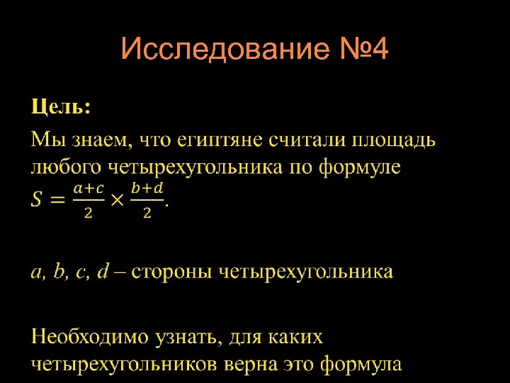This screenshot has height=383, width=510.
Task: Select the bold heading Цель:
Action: pos(60,108)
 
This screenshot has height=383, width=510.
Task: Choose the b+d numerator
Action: pos(147,189)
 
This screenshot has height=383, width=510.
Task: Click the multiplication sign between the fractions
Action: pos(118,199)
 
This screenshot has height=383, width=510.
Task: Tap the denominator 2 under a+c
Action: pos(89,213)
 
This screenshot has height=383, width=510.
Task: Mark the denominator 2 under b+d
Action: pos(147,213)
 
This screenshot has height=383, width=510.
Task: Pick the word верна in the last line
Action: pos(243,365)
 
